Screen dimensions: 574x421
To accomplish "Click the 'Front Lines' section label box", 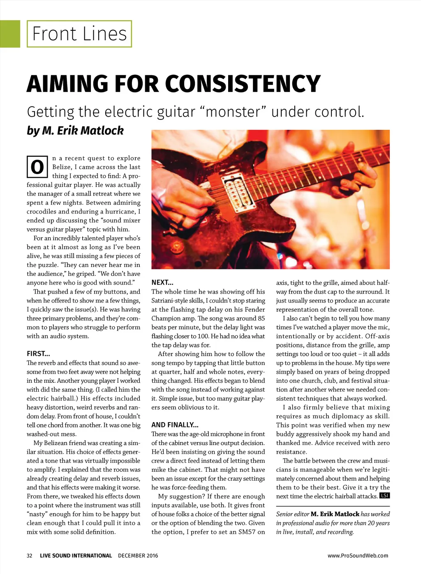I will tap(79, 34).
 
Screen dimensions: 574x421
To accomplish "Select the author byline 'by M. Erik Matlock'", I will tap(75, 131).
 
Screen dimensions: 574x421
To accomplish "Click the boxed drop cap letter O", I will tap(37, 167).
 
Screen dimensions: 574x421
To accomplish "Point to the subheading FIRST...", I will tap(38, 354).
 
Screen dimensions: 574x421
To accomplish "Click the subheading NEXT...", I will tap(162, 282).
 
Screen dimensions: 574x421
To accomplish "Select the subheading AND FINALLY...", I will tap(175, 425).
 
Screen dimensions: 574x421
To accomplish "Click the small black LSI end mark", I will tap(384, 496).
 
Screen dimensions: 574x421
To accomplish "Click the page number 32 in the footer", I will tap(30, 556).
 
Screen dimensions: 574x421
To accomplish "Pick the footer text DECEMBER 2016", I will tap(138, 556).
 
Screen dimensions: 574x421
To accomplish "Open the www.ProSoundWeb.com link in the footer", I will tap(358, 556).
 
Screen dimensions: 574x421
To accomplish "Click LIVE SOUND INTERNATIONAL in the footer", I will tap(76, 556).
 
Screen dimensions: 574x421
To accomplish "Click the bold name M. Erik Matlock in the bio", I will tap(335, 514).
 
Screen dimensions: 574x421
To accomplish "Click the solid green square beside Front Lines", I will tap(10, 34).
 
